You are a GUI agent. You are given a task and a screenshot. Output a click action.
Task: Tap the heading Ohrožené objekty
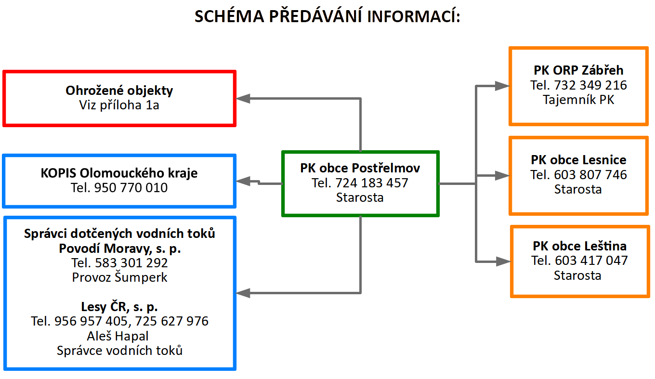pos(119,90)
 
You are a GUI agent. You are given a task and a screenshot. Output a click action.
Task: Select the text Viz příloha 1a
pos(119,105)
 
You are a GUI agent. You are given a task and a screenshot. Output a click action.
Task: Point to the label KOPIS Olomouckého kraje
pos(119,173)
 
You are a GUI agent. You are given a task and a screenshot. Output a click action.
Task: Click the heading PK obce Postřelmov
pos(360,168)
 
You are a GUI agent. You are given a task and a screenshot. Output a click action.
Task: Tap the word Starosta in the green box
pos(360,197)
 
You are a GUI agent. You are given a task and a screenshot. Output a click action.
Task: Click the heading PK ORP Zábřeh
pos(578,70)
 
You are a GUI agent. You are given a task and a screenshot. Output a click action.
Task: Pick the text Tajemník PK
pos(578,100)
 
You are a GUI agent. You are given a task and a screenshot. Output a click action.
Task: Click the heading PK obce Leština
pos(579,246)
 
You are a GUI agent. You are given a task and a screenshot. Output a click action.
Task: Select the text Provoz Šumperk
pos(119,277)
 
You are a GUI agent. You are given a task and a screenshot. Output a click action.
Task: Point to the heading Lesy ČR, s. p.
pos(119,307)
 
